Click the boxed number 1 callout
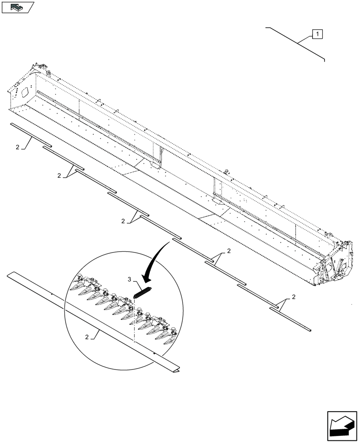click(x=318, y=34)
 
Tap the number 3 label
click(x=129, y=280)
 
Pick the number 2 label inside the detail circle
click(x=87, y=337)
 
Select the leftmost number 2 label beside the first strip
click(x=17, y=147)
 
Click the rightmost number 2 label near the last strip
click(x=294, y=297)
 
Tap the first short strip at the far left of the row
click(x=31, y=135)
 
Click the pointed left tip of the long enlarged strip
click(x=9, y=275)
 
